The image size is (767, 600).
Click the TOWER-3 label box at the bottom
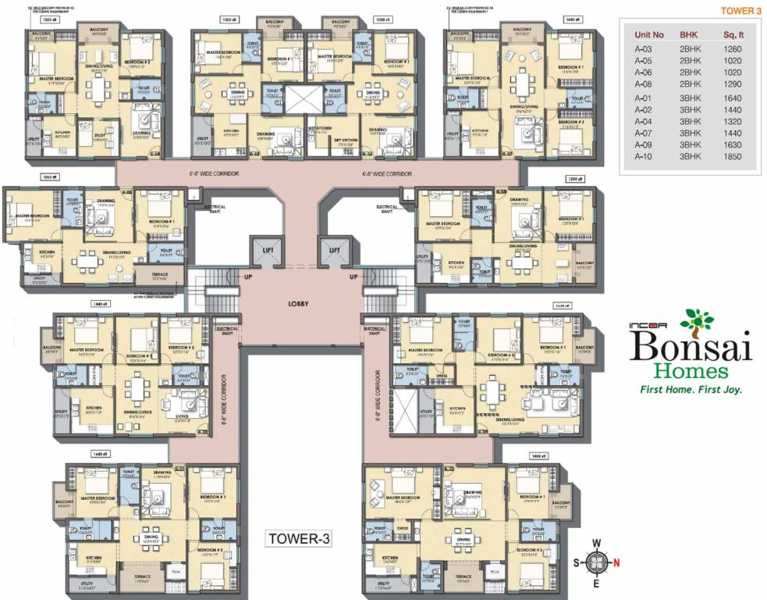[300, 538]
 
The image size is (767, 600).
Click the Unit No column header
[649, 35]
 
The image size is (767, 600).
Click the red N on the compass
[616, 562]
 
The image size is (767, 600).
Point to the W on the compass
[595, 543]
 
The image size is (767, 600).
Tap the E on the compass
[595, 583]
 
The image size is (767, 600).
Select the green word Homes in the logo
[691, 371]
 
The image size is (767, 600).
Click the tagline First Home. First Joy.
[691, 389]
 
